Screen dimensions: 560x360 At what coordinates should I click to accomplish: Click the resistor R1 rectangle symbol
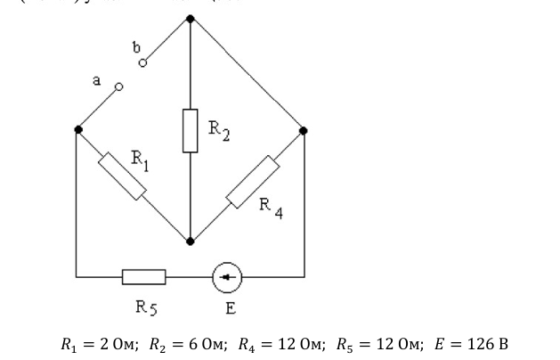(123, 176)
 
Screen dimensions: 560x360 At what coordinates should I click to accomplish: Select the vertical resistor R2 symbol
(190, 130)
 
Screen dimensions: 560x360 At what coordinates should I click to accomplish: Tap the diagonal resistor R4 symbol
(253, 181)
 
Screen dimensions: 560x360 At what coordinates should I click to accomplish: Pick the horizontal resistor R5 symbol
(143, 277)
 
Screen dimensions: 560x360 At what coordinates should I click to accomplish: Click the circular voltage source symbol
(226, 277)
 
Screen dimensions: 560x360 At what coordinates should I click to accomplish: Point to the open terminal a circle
(118, 87)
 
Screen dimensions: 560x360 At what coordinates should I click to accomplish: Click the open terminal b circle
(142, 62)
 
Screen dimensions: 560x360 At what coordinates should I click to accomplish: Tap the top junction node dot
(190, 17)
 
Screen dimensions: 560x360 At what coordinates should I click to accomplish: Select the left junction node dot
(78, 130)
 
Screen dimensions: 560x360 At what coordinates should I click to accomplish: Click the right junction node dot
(304, 130)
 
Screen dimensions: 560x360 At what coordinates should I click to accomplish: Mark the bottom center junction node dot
(190, 241)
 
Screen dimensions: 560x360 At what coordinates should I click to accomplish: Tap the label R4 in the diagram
(271, 207)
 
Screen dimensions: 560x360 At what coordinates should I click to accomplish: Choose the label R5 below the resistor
(147, 308)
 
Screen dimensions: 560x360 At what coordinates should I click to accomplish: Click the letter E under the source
(231, 308)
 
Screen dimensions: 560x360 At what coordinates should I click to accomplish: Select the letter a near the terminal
(98, 80)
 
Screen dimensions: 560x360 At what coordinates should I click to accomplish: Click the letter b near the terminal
(136, 45)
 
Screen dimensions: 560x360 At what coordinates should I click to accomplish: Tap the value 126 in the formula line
(484, 343)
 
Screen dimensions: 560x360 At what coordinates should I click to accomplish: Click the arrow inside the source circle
(226, 277)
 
